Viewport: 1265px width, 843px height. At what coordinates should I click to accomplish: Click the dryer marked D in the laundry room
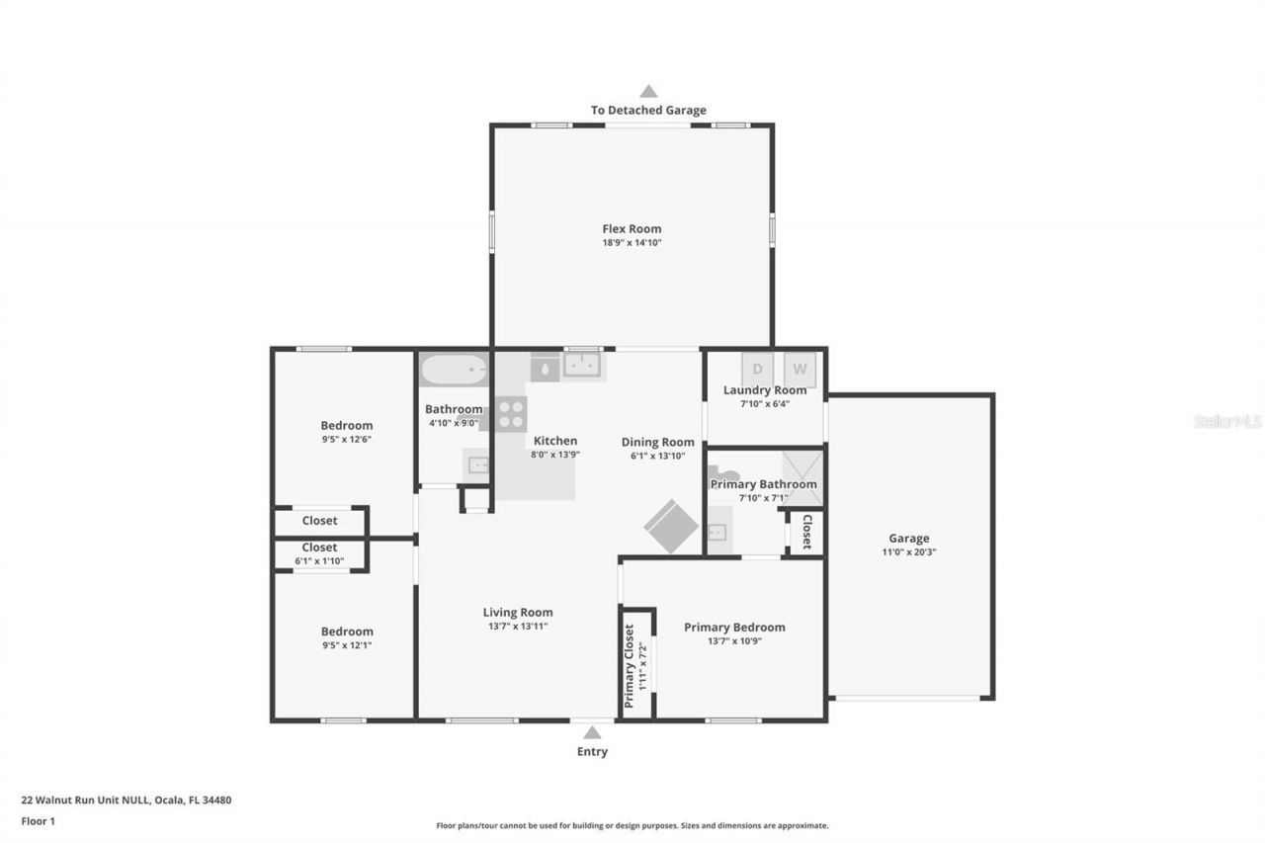click(x=758, y=369)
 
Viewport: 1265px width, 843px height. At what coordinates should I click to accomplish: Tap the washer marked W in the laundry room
click(x=801, y=369)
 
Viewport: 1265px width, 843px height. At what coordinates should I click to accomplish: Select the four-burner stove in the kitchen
click(x=511, y=413)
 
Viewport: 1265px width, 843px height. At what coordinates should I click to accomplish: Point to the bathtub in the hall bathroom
click(x=454, y=371)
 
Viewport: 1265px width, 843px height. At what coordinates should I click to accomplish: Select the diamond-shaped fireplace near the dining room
click(x=672, y=526)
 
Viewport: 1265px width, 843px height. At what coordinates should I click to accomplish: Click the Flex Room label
click(x=632, y=229)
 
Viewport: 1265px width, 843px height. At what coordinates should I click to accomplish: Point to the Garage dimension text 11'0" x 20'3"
click(x=908, y=552)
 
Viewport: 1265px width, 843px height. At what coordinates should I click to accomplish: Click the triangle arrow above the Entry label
click(x=592, y=732)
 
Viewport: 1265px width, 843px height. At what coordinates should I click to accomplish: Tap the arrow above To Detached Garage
click(x=648, y=91)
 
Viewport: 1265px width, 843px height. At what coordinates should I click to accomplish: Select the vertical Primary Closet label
click(x=629, y=665)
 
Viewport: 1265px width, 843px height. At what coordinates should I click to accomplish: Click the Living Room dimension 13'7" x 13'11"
click(x=517, y=626)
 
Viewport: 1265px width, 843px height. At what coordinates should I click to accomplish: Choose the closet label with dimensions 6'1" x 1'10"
click(x=319, y=548)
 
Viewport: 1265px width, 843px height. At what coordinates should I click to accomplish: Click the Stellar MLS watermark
click(x=1226, y=421)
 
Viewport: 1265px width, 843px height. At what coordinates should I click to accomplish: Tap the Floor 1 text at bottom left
click(x=38, y=820)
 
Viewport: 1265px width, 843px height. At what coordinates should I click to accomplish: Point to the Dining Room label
click(x=657, y=442)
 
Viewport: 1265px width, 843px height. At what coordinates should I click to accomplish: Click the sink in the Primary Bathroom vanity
click(x=717, y=532)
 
